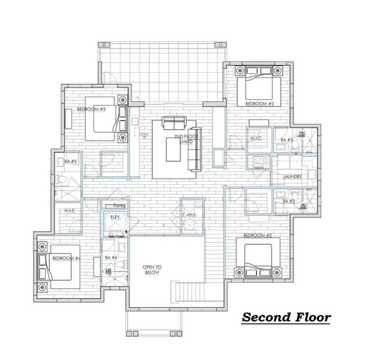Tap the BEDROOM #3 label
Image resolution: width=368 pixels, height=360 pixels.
(259, 104)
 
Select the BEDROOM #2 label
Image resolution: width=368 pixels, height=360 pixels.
(258, 236)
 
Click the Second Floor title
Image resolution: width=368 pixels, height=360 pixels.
(285, 317)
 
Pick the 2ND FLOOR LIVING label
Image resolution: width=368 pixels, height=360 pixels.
(185, 139)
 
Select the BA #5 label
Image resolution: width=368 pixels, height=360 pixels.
(70, 161)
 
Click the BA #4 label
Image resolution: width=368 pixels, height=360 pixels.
(110, 257)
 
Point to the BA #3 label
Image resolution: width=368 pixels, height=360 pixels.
(286, 140)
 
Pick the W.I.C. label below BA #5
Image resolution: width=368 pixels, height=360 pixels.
(70, 210)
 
